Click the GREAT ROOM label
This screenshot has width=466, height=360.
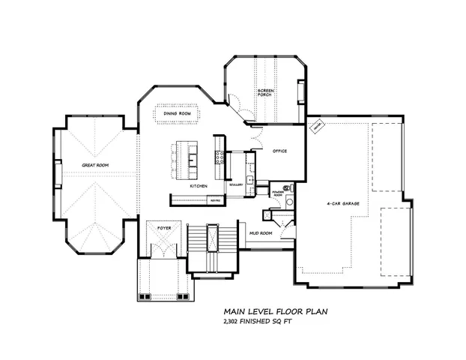[x=96, y=165]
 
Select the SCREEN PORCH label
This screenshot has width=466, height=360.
[x=266, y=94]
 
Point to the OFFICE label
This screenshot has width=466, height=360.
[x=279, y=151]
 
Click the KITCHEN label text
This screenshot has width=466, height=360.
[x=198, y=185]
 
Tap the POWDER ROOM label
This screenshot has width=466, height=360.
[x=277, y=193]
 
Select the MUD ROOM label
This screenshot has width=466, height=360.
[x=260, y=233]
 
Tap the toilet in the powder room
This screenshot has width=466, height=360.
[x=286, y=186]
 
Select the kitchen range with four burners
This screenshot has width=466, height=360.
[x=220, y=157]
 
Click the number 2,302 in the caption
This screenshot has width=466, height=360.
[x=234, y=321]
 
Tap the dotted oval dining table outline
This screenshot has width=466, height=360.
[x=178, y=114]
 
